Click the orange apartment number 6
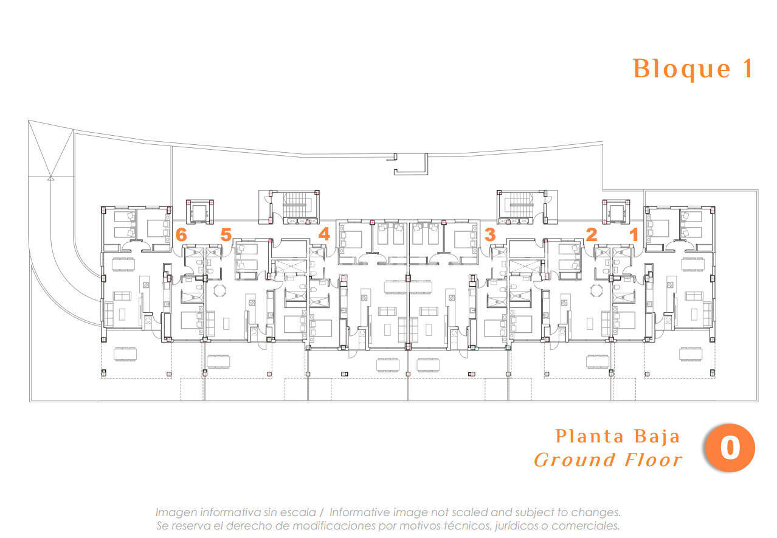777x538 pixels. (181, 234)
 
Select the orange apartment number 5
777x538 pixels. (226, 234)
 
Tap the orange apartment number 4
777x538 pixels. (324, 234)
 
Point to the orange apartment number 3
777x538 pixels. (490, 234)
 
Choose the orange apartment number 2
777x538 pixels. (592, 234)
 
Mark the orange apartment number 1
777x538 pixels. (634, 234)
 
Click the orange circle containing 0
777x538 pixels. (730, 447)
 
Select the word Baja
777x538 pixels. (657, 437)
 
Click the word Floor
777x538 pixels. (653, 459)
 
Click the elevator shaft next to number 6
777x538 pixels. (200, 212)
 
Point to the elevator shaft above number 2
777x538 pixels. (616, 212)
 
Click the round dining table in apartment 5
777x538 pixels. (219, 290)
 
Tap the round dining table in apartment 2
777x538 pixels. (596, 290)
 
